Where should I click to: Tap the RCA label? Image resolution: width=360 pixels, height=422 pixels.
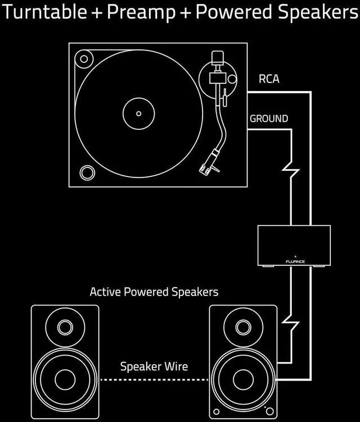coord(268,79)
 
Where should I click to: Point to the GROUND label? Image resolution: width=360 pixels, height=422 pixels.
coord(269,119)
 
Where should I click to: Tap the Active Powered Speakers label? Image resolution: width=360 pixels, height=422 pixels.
coord(154,292)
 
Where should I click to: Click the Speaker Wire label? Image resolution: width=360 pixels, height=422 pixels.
coord(154,367)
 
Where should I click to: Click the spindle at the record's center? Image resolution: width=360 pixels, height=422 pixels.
coord(139,114)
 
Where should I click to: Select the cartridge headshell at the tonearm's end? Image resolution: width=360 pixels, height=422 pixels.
coord(206,163)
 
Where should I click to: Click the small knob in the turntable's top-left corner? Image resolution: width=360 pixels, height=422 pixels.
coord(84,57)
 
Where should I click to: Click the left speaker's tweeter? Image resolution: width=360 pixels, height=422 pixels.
coord(65,326)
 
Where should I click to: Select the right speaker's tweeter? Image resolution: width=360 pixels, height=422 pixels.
coord(243,326)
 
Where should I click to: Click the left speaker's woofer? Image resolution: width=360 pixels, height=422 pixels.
coord(65,379)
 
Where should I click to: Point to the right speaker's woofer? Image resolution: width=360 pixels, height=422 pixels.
coord(243,379)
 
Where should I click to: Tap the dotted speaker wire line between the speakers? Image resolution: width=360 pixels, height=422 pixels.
coord(154,380)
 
